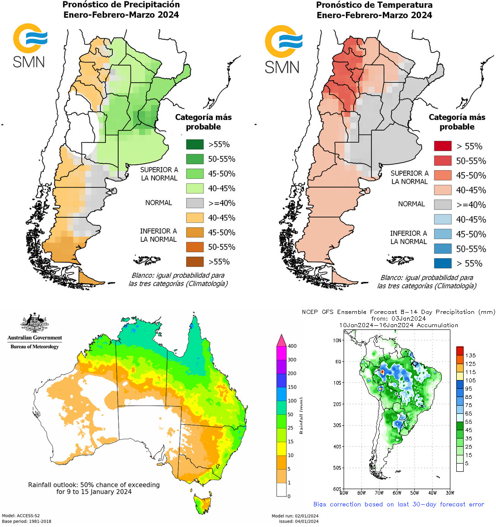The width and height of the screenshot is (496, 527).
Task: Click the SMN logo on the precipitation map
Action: [30, 45]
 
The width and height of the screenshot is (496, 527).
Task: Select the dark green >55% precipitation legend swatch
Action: [195, 145]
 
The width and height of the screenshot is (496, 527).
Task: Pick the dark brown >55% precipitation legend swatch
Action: [195, 262]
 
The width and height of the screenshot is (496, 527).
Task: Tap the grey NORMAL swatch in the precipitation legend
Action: [195, 203]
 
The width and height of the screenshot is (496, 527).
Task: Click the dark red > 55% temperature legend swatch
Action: [442, 146]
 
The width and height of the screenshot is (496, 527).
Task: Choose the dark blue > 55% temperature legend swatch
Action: [442, 263]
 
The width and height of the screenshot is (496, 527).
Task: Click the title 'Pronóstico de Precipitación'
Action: [121, 5]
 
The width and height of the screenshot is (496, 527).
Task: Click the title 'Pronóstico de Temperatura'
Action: [374, 5]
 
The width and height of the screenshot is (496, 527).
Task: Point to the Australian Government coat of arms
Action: [35, 323]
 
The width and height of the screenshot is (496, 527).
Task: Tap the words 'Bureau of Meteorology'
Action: [35, 347]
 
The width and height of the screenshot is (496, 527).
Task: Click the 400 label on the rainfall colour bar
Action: [292, 346]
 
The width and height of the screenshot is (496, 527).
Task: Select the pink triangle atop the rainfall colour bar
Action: [282, 340]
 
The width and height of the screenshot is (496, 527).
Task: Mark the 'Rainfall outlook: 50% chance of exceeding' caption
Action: [94, 485]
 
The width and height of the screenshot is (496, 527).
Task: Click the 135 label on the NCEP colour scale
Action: [470, 355]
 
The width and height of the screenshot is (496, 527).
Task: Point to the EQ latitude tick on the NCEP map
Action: [338, 361]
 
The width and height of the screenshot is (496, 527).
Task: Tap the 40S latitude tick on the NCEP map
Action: [337, 447]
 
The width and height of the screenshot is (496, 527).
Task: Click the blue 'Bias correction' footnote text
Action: [398, 504]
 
